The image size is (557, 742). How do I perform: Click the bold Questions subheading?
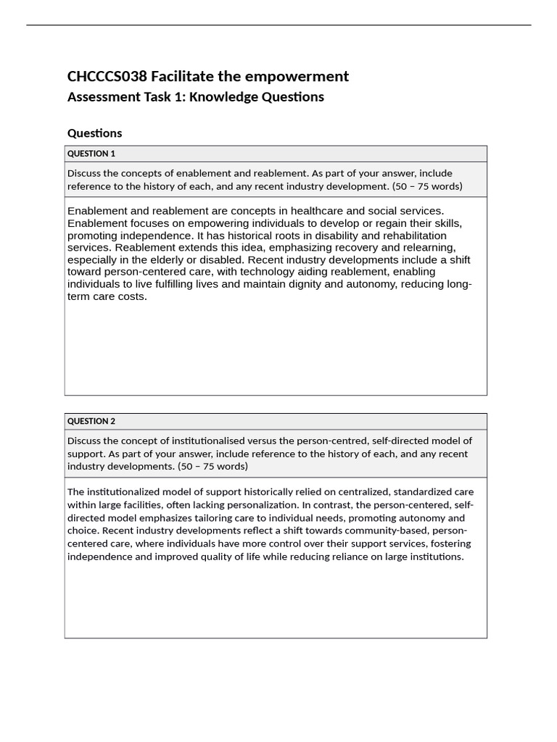point(94,133)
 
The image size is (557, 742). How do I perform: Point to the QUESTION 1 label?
point(91,154)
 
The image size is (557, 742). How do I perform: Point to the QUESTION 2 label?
point(91,421)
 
